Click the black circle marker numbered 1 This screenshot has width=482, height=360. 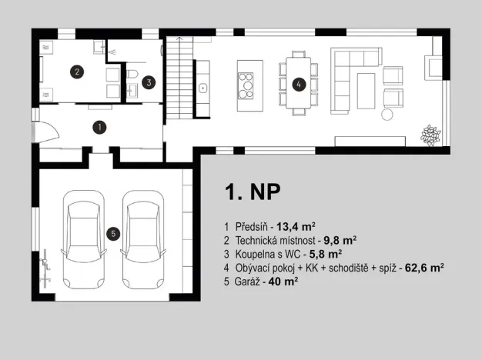[99, 125]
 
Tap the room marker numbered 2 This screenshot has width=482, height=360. [76, 72]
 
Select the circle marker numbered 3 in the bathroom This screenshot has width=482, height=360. [149, 80]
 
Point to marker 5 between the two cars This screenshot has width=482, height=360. [112, 234]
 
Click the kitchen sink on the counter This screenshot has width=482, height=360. [204, 87]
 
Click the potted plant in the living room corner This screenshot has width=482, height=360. [428, 135]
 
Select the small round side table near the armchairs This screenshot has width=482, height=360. [387, 114]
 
